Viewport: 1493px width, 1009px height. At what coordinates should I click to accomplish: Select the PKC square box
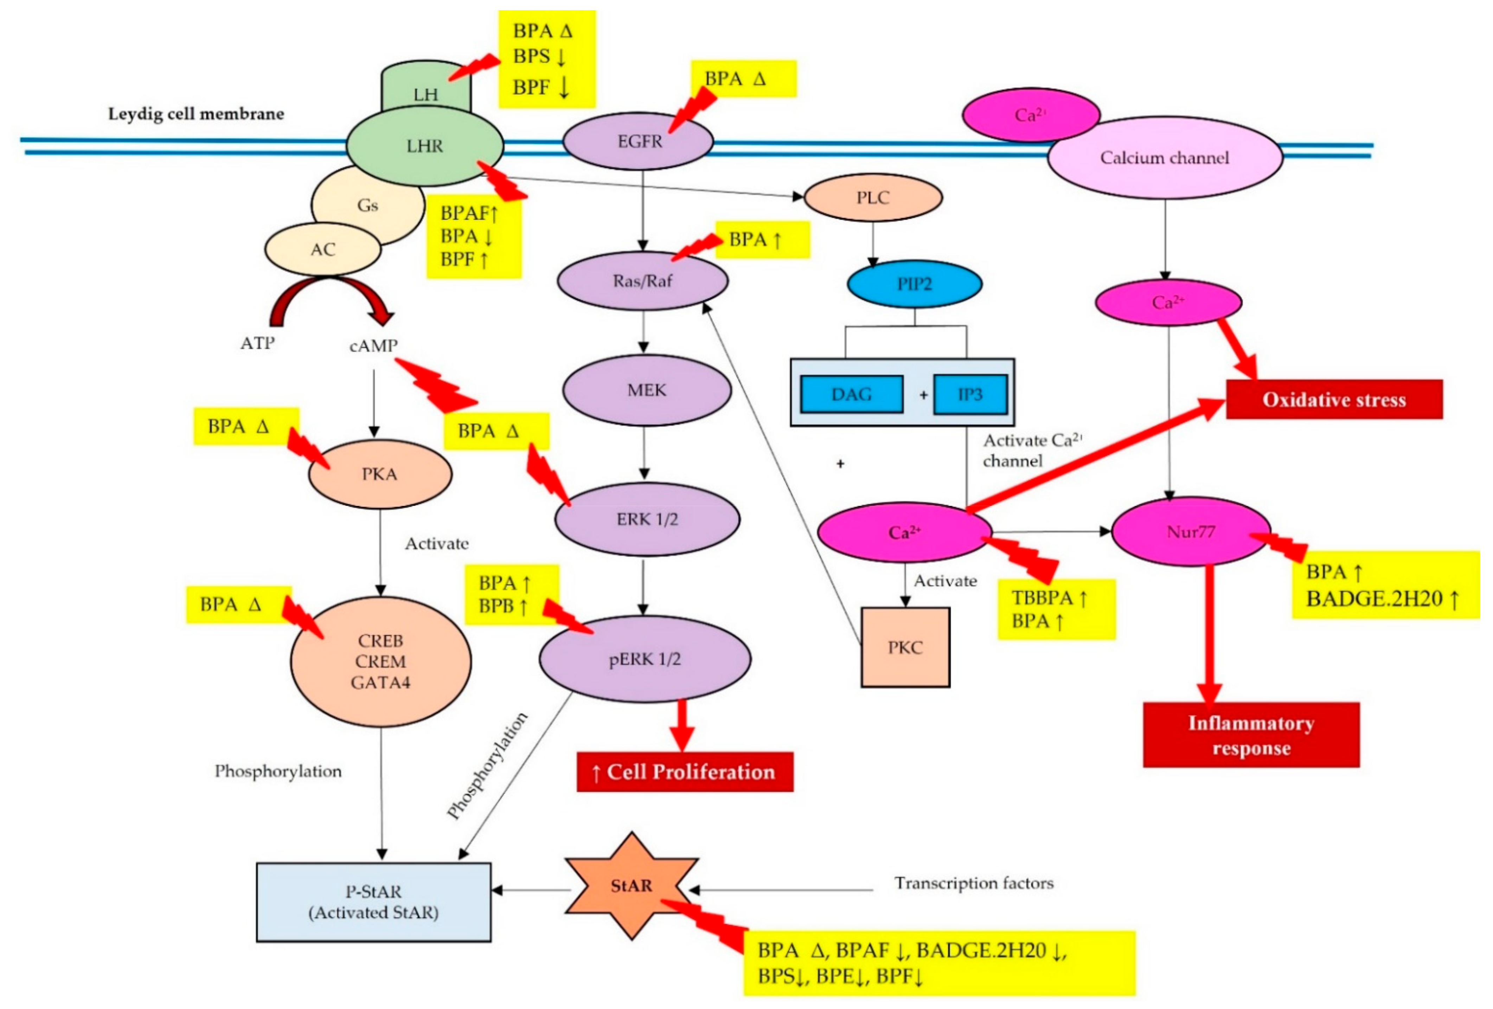tap(905, 647)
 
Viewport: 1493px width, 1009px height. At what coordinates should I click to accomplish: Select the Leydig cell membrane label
tap(196, 114)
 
